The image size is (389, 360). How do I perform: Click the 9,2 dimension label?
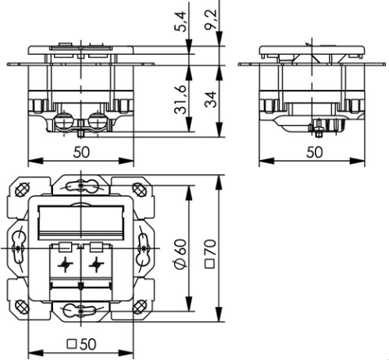(x=211, y=20)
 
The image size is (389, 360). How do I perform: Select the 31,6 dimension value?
(x=180, y=100)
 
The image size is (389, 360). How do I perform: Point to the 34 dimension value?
(x=210, y=99)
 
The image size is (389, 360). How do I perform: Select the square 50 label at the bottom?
(x=82, y=344)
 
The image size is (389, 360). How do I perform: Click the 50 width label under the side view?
(x=314, y=152)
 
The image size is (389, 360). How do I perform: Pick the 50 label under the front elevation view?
(x=81, y=152)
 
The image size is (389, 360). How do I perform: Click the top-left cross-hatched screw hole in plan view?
(x=23, y=189)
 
